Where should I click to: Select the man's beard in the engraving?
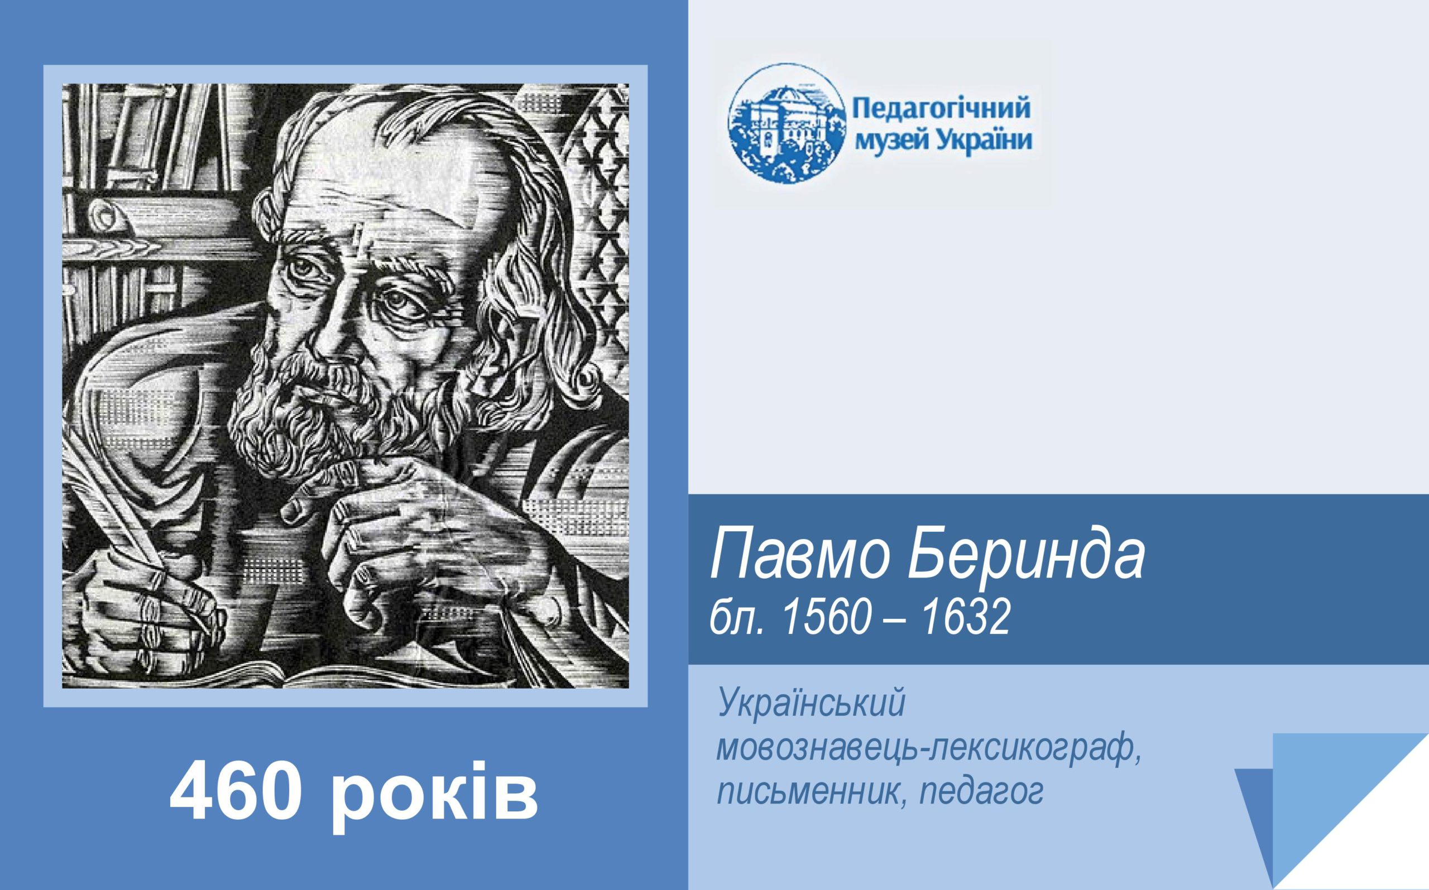[x=330, y=406]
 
